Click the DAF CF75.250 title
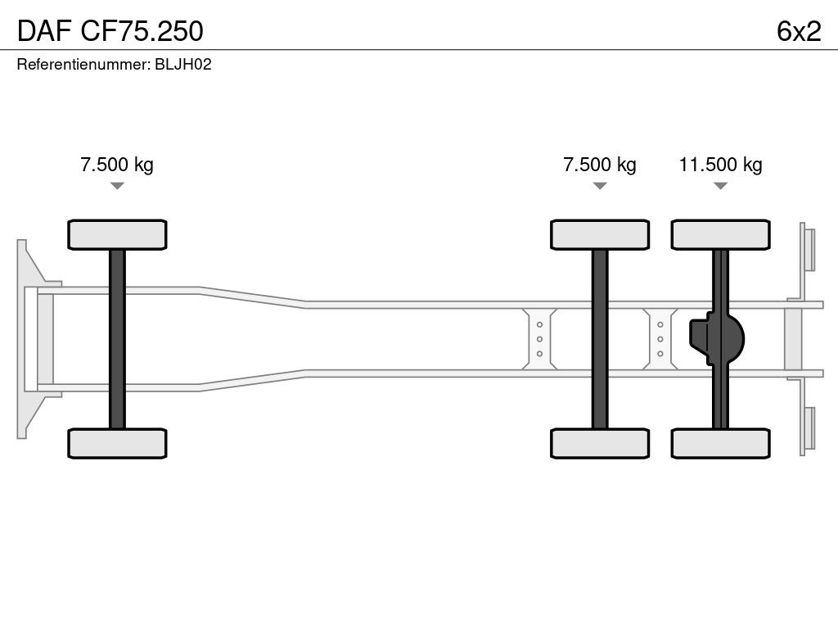point(110,31)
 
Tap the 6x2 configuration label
point(799,31)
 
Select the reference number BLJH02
point(183,64)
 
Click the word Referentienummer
point(83,64)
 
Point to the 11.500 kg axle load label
point(720,165)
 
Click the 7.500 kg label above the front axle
point(117,165)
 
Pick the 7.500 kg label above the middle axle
point(600,165)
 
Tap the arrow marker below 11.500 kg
point(720,186)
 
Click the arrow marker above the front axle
point(117,186)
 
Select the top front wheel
point(117,234)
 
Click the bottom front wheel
point(117,443)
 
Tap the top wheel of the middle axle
point(600,234)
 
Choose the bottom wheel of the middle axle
point(600,443)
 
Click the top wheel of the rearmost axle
point(720,234)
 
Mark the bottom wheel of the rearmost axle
point(720,443)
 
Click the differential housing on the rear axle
point(717,339)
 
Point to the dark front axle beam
point(117,339)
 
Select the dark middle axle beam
point(600,339)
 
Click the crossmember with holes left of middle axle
point(540,339)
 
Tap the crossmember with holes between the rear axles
point(660,339)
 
